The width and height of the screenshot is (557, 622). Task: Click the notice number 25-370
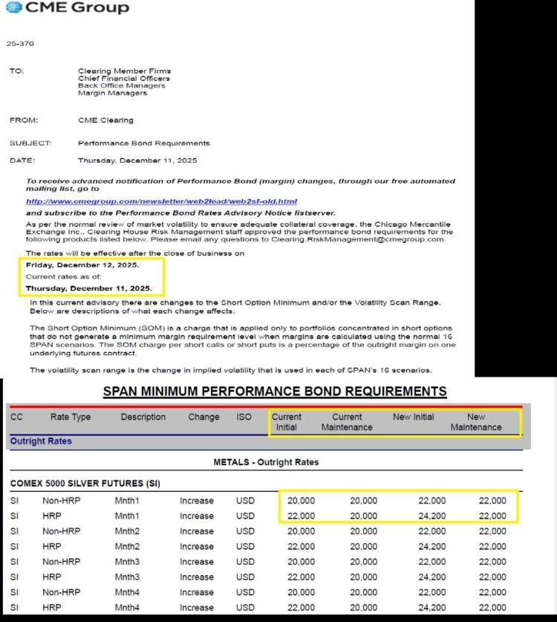tap(20, 44)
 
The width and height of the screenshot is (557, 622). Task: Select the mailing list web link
tap(161, 201)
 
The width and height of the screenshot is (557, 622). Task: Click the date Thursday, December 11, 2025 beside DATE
tap(137, 161)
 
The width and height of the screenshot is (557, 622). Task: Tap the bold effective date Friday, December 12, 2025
tap(82, 265)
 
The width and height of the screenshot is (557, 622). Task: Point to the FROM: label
tap(24, 120)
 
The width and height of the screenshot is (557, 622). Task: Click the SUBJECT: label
tap(30, 143)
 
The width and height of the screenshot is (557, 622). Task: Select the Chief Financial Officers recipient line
tap(124, 79)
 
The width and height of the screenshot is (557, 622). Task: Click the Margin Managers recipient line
tap(112, 94)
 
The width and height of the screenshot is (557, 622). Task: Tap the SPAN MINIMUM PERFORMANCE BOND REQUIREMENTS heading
tap(275, 392)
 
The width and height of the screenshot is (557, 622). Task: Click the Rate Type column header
tap(71, 418)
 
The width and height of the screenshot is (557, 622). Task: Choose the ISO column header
tap(244, 418)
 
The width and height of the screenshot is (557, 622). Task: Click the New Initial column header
tap(414, 418)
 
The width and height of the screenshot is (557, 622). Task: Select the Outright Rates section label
tap(41, 441)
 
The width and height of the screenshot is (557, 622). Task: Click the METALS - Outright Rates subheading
tap(266, 462)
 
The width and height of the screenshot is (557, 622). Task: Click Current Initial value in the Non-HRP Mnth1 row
tap(301, 501)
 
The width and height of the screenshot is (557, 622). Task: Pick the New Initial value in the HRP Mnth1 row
tap(432, 516)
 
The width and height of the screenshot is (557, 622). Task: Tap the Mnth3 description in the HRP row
tap(127, 577)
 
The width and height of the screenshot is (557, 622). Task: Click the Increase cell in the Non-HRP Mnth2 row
tap(197, 531)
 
